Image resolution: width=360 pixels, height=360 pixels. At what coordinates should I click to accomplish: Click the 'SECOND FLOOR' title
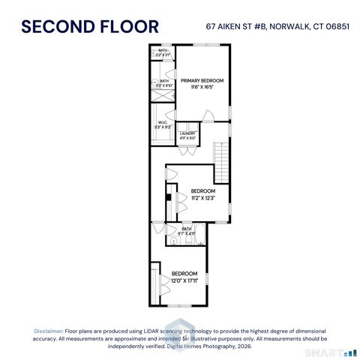click(x=90, y=26)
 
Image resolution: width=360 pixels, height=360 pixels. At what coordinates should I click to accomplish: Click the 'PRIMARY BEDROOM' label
click(x=202, y=79)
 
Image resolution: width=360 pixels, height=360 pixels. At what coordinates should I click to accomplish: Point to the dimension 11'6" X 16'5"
click(x=202, y=87)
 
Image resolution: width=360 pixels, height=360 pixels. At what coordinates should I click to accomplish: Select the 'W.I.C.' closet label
click(x=161, y=123)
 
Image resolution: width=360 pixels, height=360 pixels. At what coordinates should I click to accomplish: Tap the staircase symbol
click(x=220, y=159)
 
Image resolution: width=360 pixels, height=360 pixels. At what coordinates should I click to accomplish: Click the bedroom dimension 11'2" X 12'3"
click(x=202, y=198)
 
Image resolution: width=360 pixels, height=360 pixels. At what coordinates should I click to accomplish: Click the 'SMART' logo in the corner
click(x=323, y=352)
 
